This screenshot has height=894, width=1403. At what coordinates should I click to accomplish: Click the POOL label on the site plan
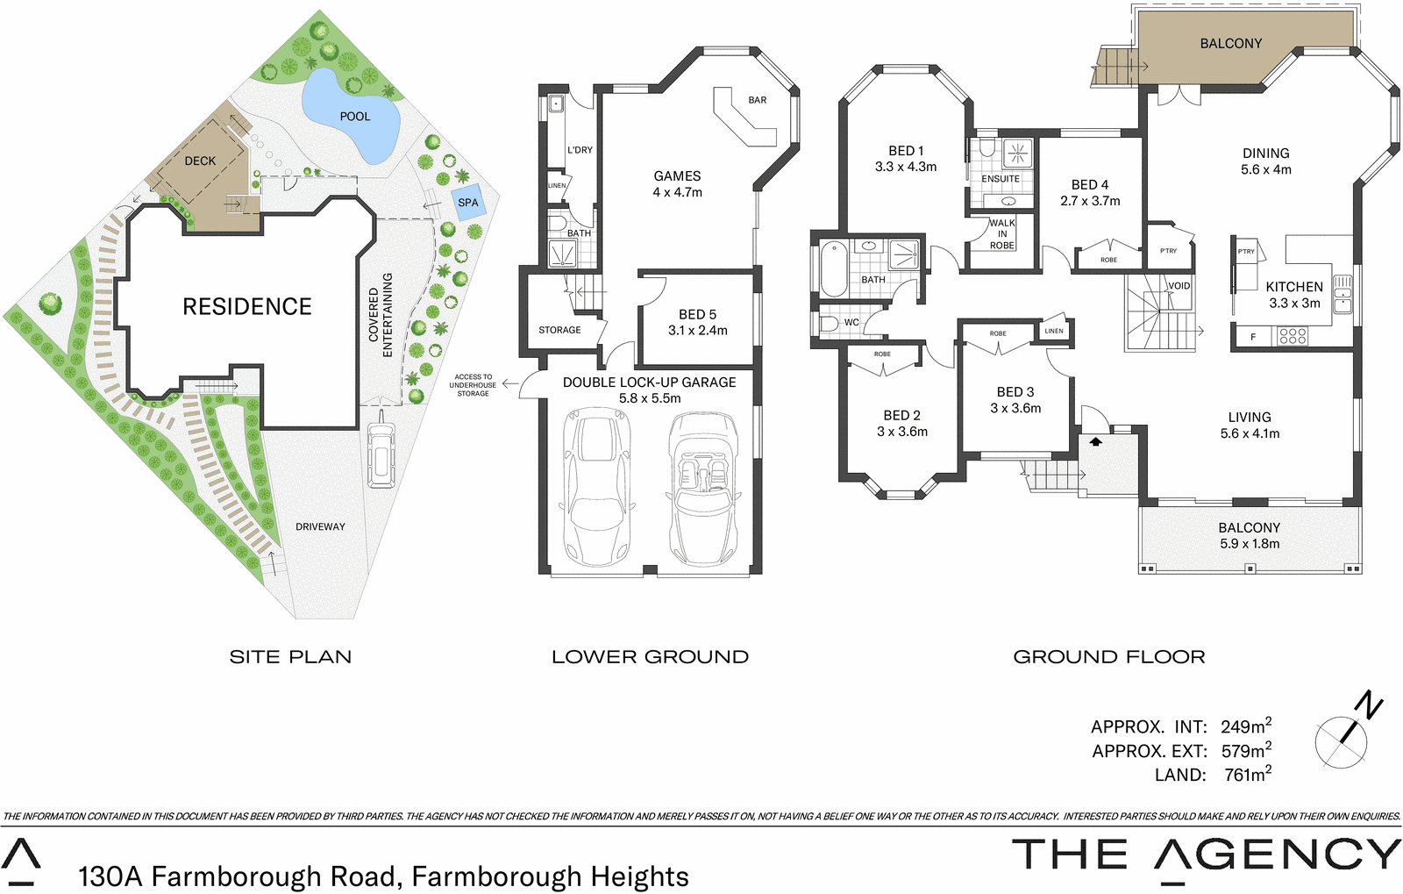click(355, 116)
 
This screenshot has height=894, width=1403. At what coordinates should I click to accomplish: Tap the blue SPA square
click(467, 202)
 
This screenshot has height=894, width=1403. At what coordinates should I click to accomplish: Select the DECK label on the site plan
click(200, 161)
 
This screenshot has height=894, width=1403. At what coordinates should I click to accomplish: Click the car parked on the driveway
click(381, 454)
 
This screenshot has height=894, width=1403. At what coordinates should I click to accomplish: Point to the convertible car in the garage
click(702, 490)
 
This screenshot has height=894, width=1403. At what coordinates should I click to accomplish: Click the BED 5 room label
click(698, 322)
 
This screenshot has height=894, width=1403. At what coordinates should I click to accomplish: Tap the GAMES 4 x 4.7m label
click(677, 183)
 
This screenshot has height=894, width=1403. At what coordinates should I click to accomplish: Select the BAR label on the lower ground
click(758, 100)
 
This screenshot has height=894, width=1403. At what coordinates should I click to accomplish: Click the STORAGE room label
click(559, 330)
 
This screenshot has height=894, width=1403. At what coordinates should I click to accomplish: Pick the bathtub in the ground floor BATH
click(834, 267)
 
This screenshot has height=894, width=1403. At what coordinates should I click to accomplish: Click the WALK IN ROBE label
click(1002, 234)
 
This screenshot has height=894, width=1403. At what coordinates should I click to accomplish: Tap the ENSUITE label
click(1001, 179)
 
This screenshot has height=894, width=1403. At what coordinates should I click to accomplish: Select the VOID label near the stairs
click(1179, 286)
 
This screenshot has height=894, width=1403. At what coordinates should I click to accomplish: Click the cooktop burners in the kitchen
click(1293, 336)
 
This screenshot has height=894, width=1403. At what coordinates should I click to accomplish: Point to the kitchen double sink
click(1342, 294)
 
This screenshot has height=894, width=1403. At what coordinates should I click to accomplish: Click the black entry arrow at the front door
click(1095, 442)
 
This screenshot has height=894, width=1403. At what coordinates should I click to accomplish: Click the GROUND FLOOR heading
click(1109, 657)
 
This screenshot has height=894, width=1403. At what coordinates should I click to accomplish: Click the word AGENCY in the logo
click(1276, 855)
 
